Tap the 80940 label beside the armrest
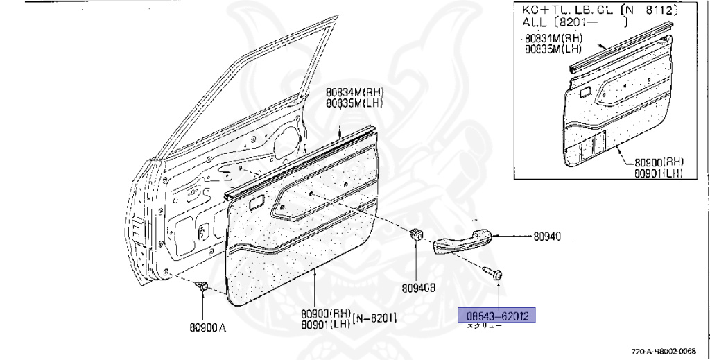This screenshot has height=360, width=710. pyautogui.click(x=547, y=237)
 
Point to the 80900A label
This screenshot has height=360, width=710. pyautogui.click(x=206, y=327)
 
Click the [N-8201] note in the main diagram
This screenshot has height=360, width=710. pyautogui.click(x=374, y=318)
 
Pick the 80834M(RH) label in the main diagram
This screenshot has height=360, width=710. pyautogui.click(x=355, y=92)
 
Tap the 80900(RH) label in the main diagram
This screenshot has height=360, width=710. pyautogui.click(x=326, y=313)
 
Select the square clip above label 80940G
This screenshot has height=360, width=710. pyautogui.click(x=416, y=234)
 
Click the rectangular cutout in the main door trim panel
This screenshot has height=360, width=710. pyautogui.click(x=254, y=204)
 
